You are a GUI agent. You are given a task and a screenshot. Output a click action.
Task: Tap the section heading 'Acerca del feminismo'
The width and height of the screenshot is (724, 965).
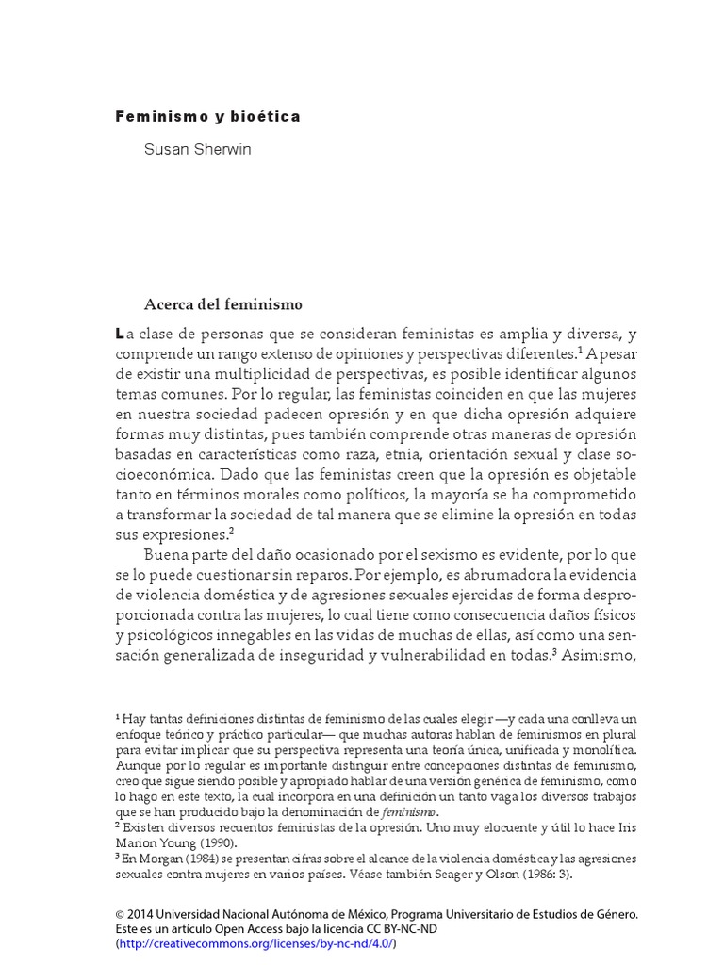[222, 304]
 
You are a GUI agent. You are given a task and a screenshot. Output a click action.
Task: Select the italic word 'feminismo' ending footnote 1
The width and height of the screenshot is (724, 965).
[406, 812]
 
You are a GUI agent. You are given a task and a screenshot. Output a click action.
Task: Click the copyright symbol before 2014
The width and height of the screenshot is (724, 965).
[120, 914]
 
